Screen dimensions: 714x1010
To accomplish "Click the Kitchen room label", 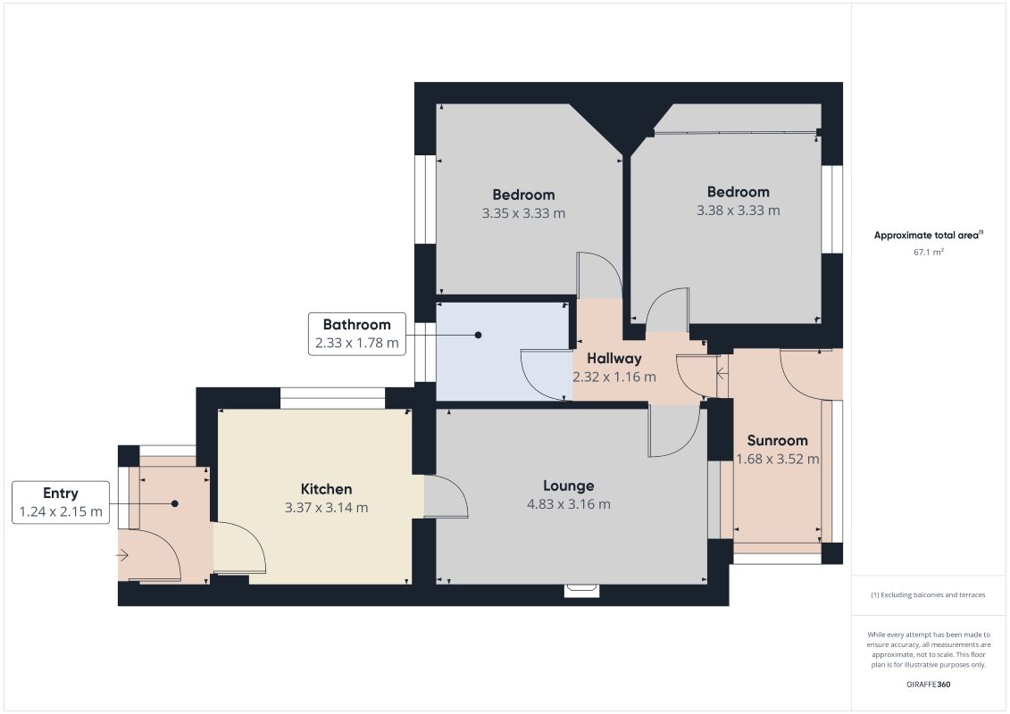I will click(326, 489).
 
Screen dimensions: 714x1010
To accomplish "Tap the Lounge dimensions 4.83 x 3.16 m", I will click(568, 504).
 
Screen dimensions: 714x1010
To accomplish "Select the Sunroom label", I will click(777, 440).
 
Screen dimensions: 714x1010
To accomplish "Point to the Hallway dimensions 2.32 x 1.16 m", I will click(614, 378).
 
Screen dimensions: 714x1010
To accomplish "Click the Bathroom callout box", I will click(356, 334).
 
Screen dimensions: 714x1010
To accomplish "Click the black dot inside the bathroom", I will click(478, 336).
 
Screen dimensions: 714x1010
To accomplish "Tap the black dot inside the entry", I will click(175, 503).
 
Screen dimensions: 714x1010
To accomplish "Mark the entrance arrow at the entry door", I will click(122, 556).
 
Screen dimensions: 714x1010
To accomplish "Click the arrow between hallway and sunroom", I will click(720, 374).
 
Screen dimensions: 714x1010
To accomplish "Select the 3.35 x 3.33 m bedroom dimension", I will click(523, 213).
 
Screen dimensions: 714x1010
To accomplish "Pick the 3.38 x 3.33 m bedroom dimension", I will click(739, 211).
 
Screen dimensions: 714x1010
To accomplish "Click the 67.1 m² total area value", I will click(929, 253).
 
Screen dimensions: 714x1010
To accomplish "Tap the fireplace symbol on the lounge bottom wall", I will click(582, 589).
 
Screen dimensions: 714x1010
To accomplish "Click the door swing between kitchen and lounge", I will click(447, 497).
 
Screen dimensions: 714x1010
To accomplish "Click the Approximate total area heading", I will click(928, 236).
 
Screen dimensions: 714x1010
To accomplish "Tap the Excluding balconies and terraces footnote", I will click(929, 594).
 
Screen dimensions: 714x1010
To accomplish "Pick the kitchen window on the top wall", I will click(332, 398).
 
